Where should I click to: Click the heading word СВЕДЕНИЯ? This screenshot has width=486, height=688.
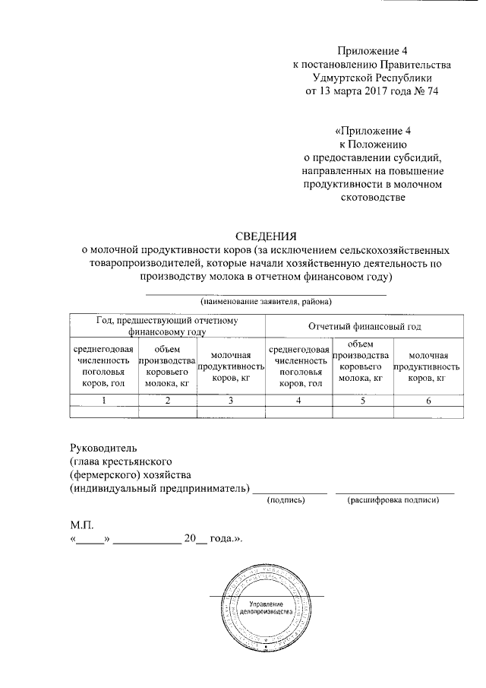click(264, 235)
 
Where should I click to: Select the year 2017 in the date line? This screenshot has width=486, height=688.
click(377, 91)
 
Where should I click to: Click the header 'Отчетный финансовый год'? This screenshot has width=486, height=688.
click(364, 326)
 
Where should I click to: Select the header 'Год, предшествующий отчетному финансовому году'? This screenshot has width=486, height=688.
click(166, 326)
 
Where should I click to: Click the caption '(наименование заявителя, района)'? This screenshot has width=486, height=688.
click(266, 302)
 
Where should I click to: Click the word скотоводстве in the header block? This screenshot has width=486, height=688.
click(371, 198)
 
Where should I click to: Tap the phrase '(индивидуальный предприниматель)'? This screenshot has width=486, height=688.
click(159, 488)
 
